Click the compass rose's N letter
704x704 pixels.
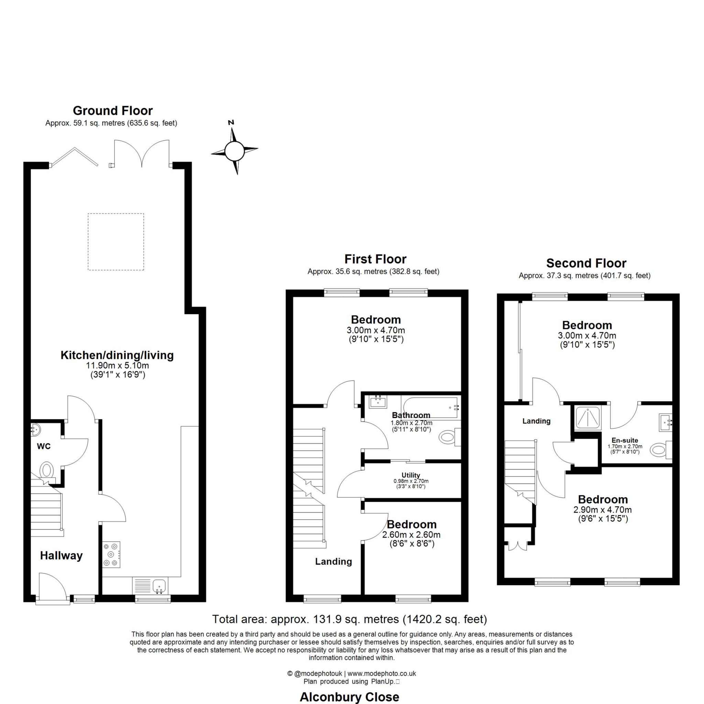[231, 123]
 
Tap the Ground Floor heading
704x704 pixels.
[113, 110]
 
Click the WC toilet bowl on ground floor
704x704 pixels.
[47, 470]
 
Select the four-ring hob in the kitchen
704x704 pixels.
[111, 554]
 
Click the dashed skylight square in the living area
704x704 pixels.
[116, 242]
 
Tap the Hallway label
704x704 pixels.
[61, 555]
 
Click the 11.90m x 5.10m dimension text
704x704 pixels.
[117, 365]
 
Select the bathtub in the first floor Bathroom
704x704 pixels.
[430, 407]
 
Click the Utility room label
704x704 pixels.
[411, 475]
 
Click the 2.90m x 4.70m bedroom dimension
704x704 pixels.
[603, 510]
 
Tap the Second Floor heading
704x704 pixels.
[586, 263]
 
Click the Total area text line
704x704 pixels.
[350, 619]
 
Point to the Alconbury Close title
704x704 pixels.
[349, 697]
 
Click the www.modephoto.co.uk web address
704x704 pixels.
[382, 674]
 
